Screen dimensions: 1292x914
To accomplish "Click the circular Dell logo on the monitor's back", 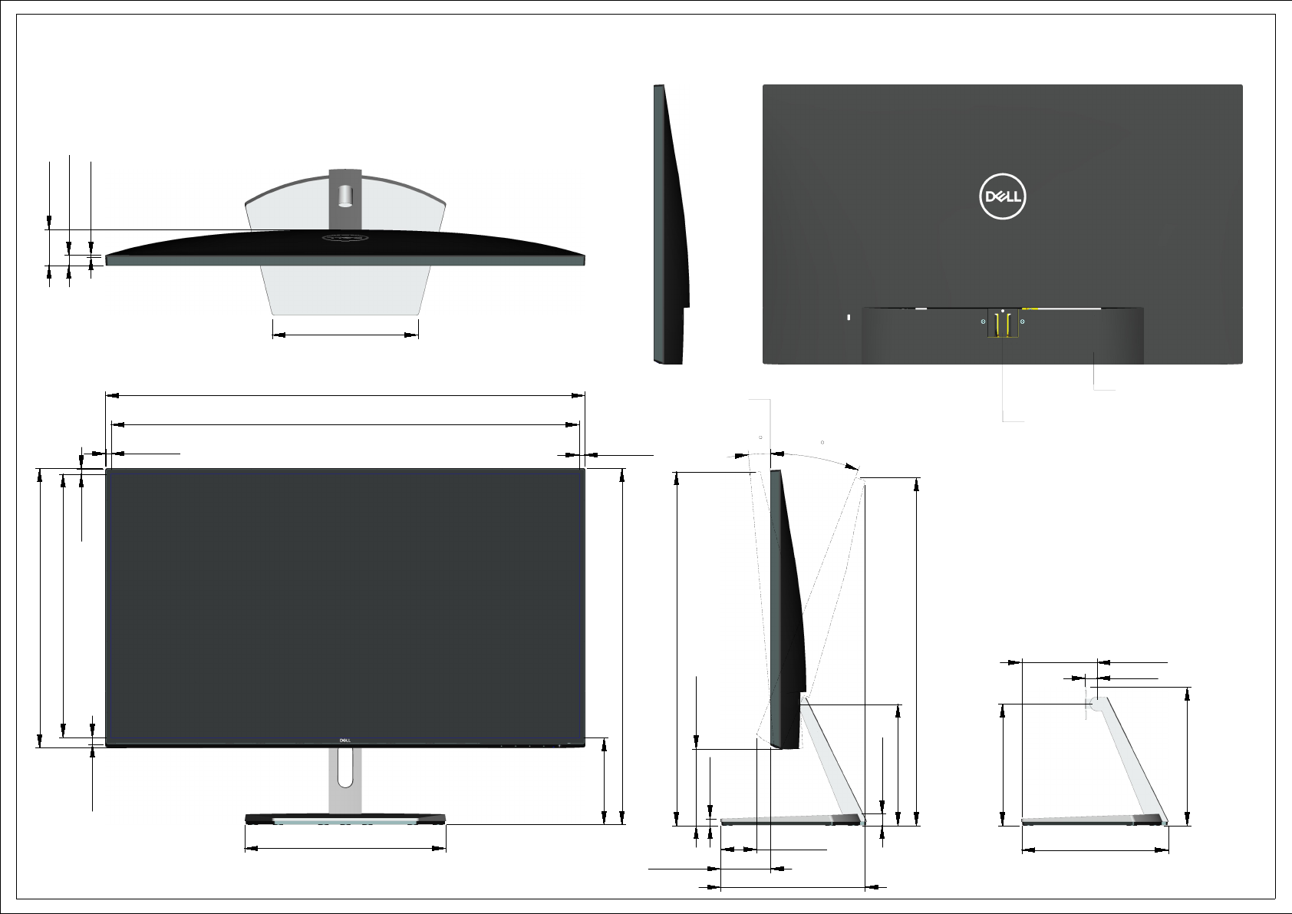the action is pos(1003,196).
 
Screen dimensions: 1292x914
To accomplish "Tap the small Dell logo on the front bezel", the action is pos(344,741).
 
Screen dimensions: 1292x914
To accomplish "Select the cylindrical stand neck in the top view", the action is pos(345,196).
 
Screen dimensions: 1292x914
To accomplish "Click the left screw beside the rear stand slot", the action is pos(983,322).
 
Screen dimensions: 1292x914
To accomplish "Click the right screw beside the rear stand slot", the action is pos(1022,322).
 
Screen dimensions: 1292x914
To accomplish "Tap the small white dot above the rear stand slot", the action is pos(1003,311).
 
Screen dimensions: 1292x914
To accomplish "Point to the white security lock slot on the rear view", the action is pos(849,317).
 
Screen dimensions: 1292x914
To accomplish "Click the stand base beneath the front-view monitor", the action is pos(345,818).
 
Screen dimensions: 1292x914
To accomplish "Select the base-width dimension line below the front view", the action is pos(345,848).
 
